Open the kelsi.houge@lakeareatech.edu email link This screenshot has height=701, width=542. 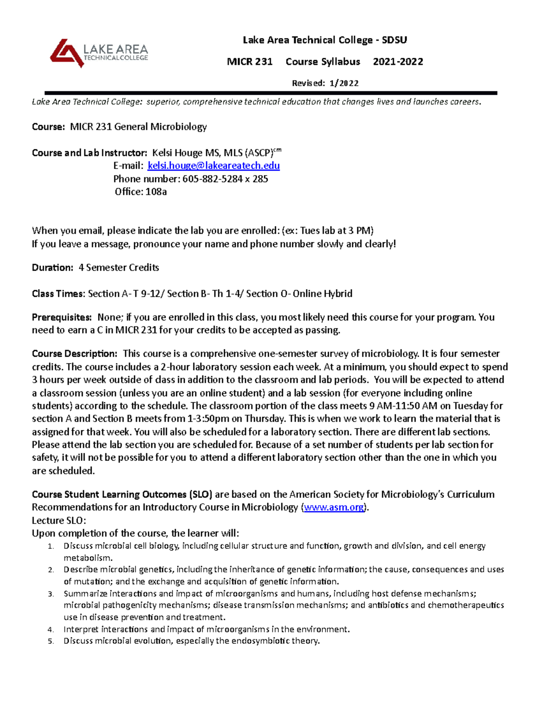pyautogui.click(x=214, y=166)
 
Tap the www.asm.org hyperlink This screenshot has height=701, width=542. pyautogui.click(x=334, y=507)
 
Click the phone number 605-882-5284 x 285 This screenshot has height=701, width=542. pyautogui.click(x=225, y=179)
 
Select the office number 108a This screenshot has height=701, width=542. pyautogui.click(x=156, y=192)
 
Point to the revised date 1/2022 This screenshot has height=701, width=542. pyautogui.click(x=344, y=83)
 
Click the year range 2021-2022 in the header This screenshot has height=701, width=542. pyautogui.click(x=398, y=62)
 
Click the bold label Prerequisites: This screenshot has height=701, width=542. pyautogui.click(x=61, y=317)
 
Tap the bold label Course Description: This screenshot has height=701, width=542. pyautogui.click(x=75, y=353)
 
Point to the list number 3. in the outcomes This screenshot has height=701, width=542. pyautogui.click(x=51, y=594)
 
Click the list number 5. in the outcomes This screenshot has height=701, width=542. pyautogui.click(x=51, y=641)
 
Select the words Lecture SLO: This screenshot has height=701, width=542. pyautogui.click(x=59, y=520)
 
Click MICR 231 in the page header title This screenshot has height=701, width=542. pyautogui.click(x=249, y=62)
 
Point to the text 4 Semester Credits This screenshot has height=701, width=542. pyautogui.click(x=119, y=268)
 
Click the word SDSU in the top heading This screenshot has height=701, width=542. pyautogui.click(x=394, y=40)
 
